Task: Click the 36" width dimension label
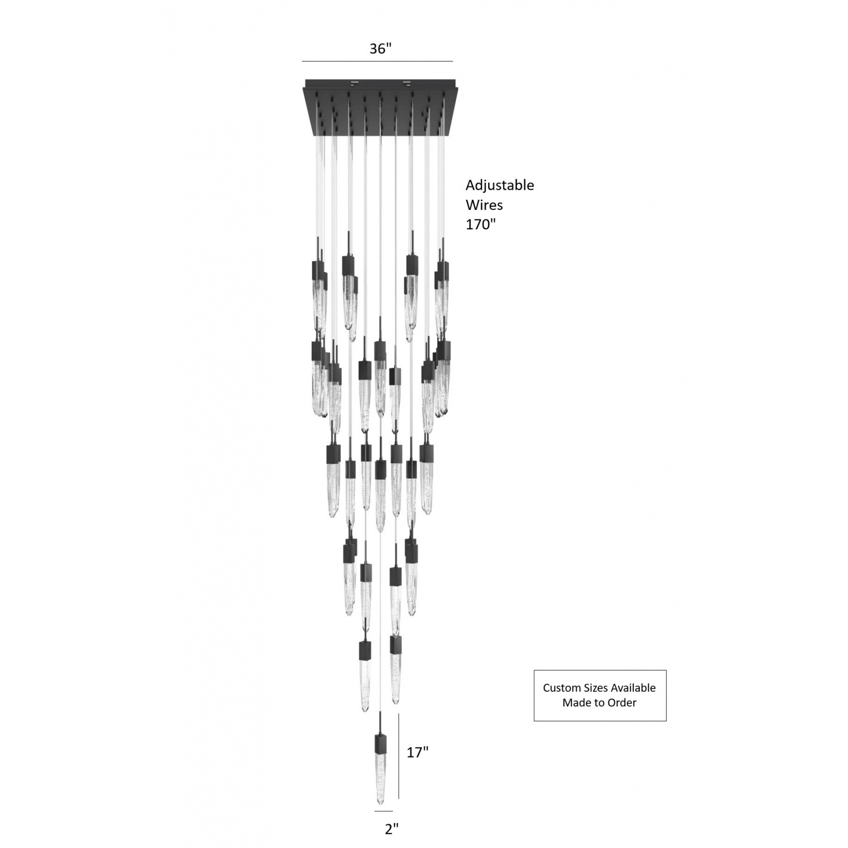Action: click(x=380, y=49)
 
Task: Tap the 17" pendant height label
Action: click(x=417, y=752)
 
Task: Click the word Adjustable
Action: click(x=500, y=185)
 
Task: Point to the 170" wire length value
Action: click(x=481, y=224)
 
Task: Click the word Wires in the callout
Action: click(x=484, y=205)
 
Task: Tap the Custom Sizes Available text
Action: click(x=599, y=688)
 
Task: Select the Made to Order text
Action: click(x=599, y=703)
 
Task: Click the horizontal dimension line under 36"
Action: click(x=377, y=61)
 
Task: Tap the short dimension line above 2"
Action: click(x=384, y=826)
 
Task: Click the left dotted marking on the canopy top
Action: click(x=355, y=83)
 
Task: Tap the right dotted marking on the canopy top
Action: click(x=408, y=83)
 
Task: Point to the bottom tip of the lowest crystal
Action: click(x=381, y=819)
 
